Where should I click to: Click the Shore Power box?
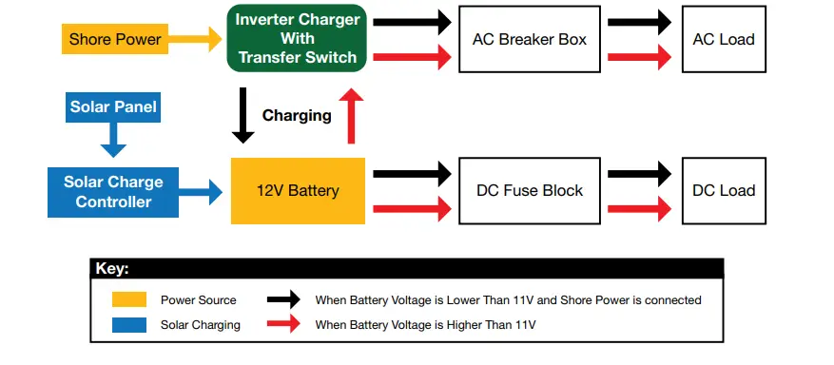[x=114, y=39]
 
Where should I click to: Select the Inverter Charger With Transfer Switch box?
[x=297, y=39]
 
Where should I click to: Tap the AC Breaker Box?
[x=529, y=39]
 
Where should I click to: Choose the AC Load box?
[x=724, y=39]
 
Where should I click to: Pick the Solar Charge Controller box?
[x=113, y=191]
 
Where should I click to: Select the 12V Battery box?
[x=298, y=190]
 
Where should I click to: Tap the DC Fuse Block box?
[x=529, y=190]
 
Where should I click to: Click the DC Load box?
[x=724, y=190]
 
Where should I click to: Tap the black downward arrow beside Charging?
[x=243, y=115]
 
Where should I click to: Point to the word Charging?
[x=297, y=116]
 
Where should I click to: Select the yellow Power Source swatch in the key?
[x=129, y=299]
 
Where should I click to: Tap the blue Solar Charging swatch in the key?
[x=129, y=324]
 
